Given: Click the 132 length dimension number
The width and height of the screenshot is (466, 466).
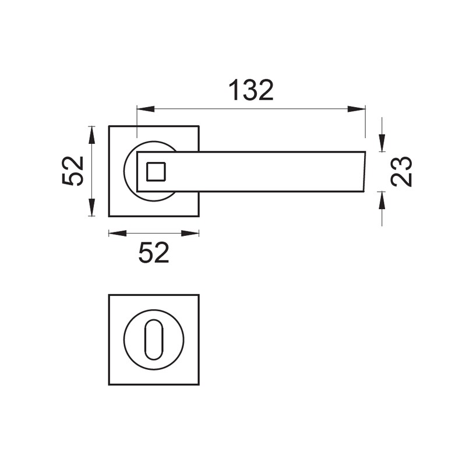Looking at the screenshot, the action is (x=251, y=90).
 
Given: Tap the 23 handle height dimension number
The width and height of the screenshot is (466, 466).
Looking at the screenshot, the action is (x=401, y=171).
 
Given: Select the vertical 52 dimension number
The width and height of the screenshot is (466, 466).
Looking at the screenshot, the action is (x=72, y=171).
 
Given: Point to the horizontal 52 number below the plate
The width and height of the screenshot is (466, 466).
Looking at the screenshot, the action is (x=154, y=253).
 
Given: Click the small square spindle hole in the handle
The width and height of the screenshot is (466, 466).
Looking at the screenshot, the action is (x=156, y=171).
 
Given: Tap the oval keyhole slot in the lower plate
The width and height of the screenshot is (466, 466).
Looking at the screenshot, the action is (x=154, y=340).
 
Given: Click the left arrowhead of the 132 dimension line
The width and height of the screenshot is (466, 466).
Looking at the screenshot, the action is (x=146, y=109).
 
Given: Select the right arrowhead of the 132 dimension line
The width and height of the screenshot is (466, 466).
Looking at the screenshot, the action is (x=356, y=109).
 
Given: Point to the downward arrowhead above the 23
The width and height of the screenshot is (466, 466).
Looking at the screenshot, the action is (x=382, y=143).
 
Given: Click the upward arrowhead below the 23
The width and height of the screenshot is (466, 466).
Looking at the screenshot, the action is (x=382, y=200).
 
